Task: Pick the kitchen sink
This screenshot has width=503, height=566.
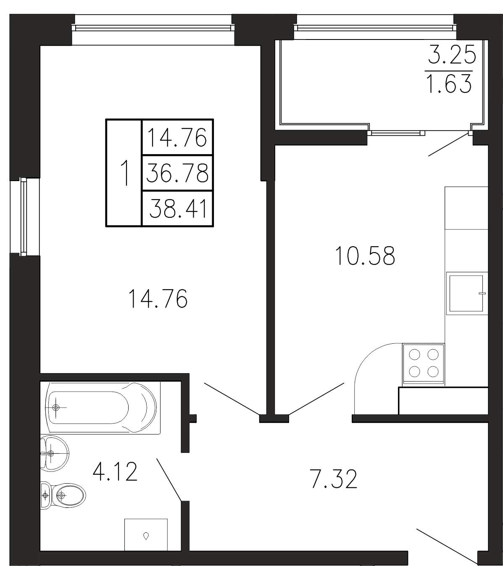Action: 466,293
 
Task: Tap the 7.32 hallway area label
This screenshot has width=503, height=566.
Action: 334,479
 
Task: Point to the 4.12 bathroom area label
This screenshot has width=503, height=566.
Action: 115,471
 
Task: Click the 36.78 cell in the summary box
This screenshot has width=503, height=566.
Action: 177,173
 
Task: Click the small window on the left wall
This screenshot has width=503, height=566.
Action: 24,217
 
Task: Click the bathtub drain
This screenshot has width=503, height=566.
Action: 56,408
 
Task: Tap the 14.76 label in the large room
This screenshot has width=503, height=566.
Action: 158,299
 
